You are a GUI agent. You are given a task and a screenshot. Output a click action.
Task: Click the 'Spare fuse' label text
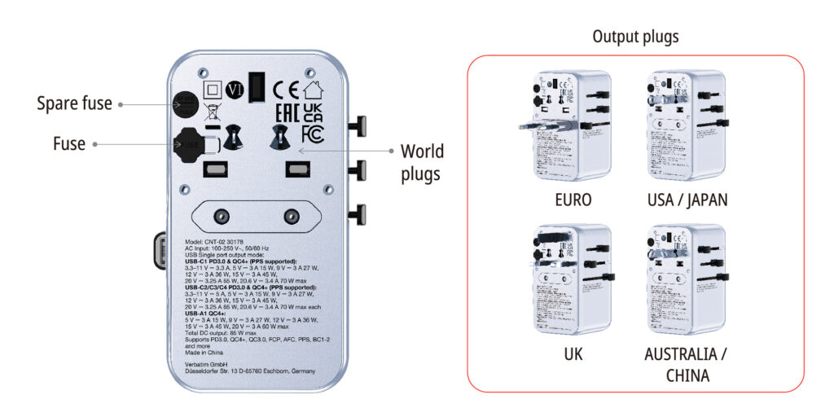pyautogui.click(x=74, y=103)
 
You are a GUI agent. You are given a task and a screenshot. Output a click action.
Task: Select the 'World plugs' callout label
pyautogui.click(x=421, y=162)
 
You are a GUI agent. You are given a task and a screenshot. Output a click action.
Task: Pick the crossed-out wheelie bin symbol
pyautogui.click(x=212, y=112)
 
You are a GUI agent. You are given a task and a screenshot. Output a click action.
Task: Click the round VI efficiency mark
pyautogui.click(x=235, y=89)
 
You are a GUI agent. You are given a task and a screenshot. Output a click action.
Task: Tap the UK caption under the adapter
pyautogui.click(x=573, y=356)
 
